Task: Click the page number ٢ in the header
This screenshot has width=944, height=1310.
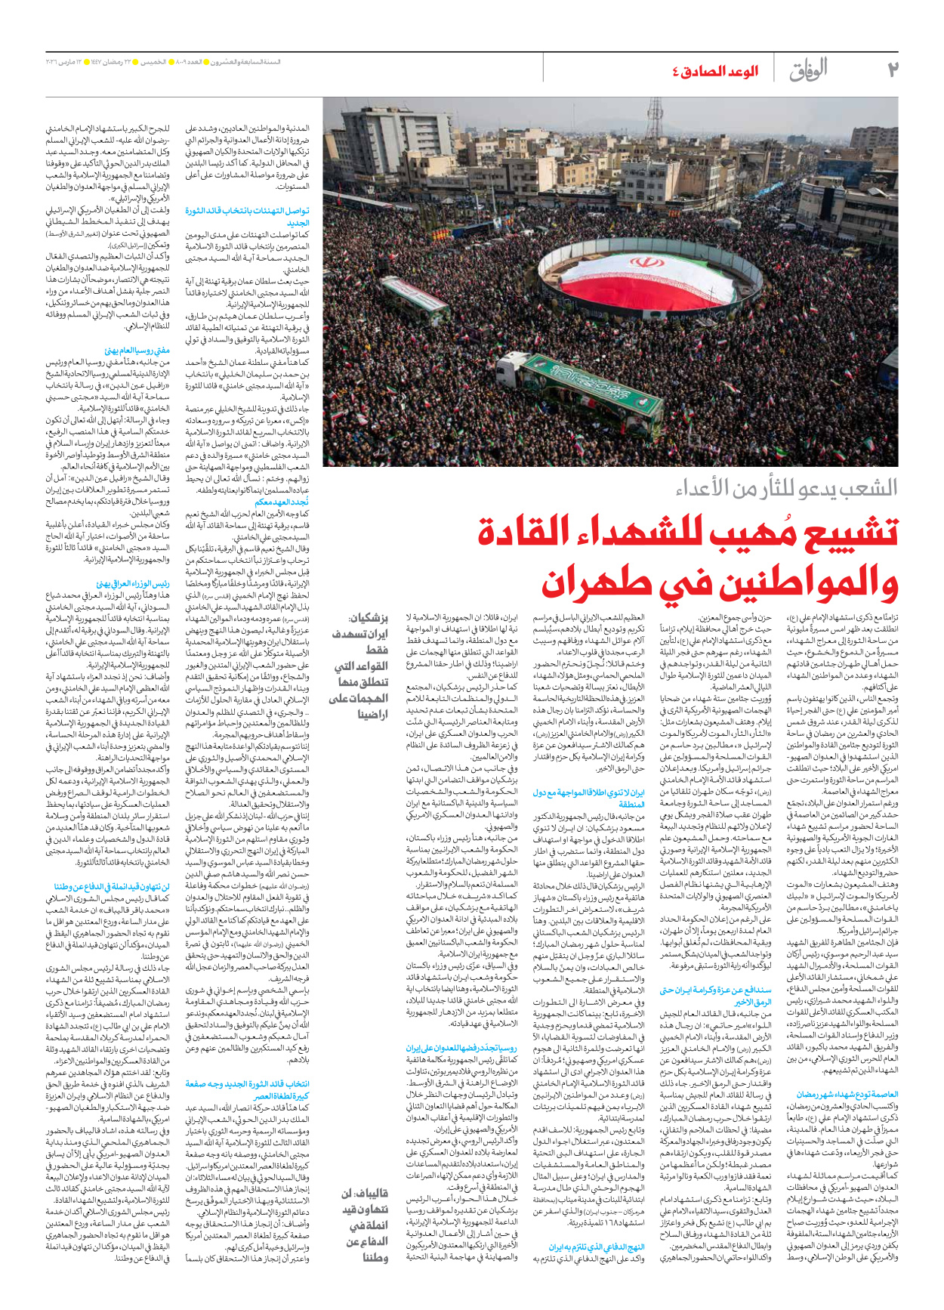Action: (x=892, y=70)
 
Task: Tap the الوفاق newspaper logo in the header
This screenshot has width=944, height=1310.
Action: (x=808, y=70)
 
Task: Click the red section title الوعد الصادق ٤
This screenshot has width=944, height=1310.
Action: (x=714, y=72)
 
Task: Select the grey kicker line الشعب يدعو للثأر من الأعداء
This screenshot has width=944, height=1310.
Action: (x=786, y=488)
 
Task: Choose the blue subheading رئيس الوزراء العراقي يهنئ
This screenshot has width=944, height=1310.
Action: (x=132, y=584)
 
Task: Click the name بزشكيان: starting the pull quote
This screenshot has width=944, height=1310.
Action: (x=369, y=618)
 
